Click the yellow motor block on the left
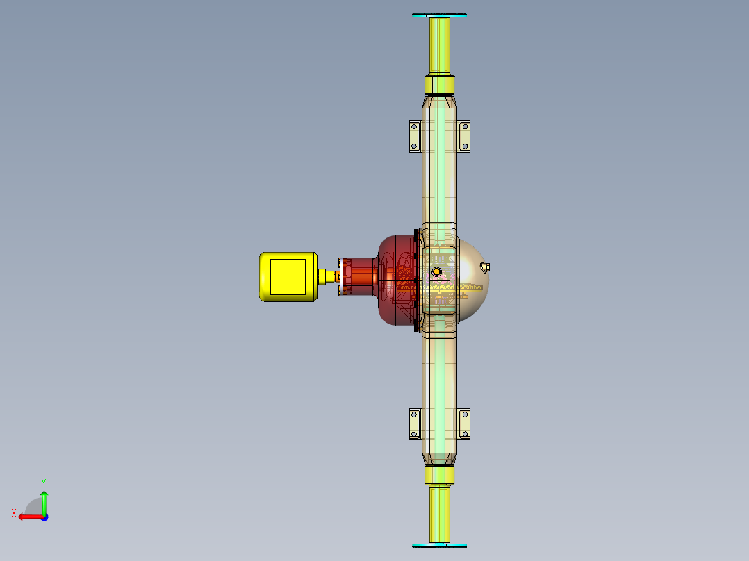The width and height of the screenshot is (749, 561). [x=288, y=276]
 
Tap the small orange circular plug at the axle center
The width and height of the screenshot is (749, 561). [x=437, y=271]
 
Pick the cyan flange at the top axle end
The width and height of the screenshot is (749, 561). [x=439, y=15]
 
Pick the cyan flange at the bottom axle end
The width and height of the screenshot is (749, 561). [x=439, y=546]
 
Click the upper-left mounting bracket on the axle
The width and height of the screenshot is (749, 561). [x=414, y=135]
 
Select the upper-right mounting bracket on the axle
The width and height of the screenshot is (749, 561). [x=465, y=135]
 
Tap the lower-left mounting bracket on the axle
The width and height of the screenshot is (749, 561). [x=414, y=424]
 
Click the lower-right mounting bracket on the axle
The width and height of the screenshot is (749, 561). [x=465, y=424]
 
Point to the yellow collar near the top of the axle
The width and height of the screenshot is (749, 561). [x=439, y=85]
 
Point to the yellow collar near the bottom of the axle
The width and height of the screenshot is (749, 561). [x=439, y=475]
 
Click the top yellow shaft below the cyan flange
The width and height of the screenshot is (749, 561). [x=439, y=44]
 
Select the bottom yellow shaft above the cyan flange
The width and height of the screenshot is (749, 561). [x=439, y=514]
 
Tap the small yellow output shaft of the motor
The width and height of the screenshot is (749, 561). [x=326, y=276]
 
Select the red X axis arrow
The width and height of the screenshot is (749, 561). [x=28, y=517]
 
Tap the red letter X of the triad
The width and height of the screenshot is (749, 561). [x=13, y=513]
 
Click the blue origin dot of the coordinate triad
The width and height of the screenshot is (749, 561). [x=44, y=517]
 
